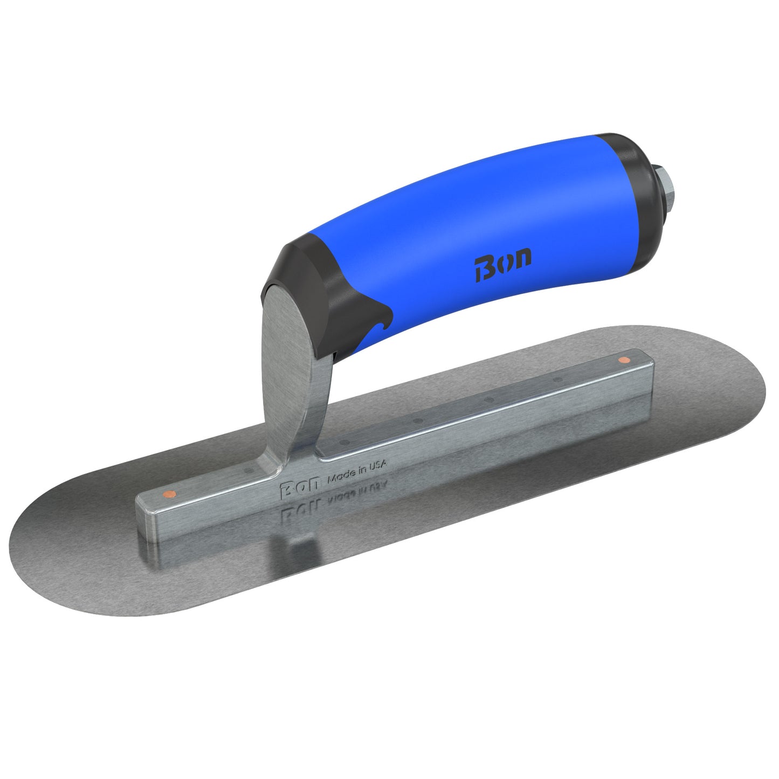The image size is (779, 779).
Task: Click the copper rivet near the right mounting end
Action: coord(624,360)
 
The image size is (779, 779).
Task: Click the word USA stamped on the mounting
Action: coord(377,467)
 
